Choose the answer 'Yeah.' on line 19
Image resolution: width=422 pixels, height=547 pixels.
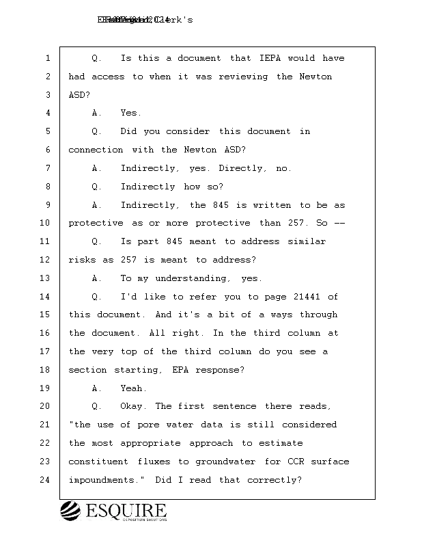134,388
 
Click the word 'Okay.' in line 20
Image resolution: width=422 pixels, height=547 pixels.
135,407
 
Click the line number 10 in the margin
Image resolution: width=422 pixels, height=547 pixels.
45,223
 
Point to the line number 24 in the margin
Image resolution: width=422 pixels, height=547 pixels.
45,480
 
